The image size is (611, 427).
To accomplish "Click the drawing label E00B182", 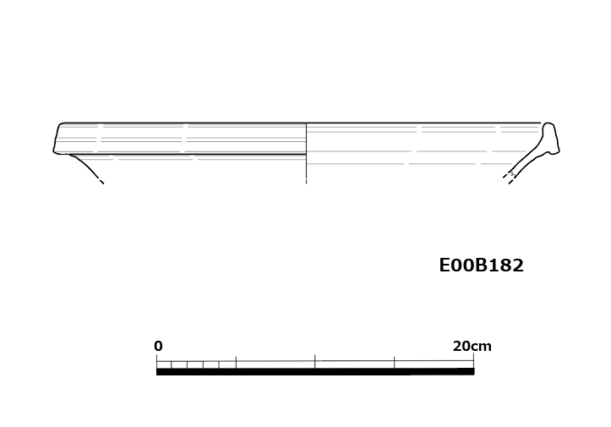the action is pyautogui.click(x=481, y=266).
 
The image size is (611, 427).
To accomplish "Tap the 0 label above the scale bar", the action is pyautogui.click(x=158, y=346).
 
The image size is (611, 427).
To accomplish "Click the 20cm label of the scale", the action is pyautogui.click(x=472, y=346).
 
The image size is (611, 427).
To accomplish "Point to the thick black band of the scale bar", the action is pyautogui.click(x=315, y=372).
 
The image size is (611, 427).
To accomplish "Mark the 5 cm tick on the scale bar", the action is pyautogui.click(x=236, y=362).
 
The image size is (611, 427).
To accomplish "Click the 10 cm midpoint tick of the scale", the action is pyautogui.click(x=315, y=362).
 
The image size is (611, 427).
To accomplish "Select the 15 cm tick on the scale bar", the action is pyautogui.click(x=395, y=362).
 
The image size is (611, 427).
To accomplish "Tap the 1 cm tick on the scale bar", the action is pyautogui.click(x=172, y=364).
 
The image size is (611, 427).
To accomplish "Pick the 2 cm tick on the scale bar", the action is pyautogui.click(x=188, y=364).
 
